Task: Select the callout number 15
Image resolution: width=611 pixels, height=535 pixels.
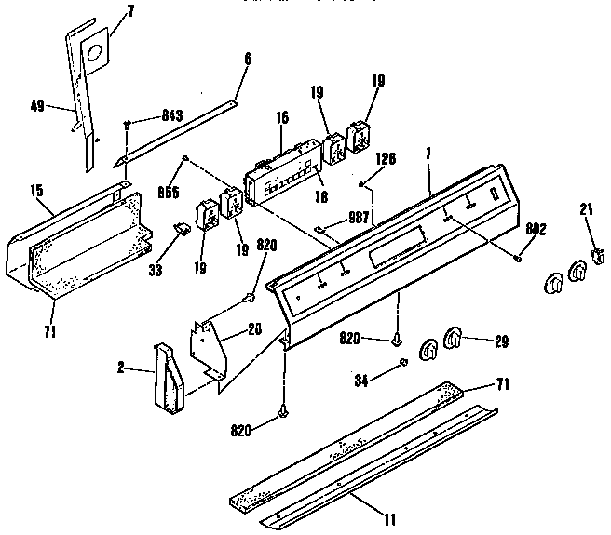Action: [x=36, y=190]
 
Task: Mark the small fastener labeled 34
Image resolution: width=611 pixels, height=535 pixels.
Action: [x=403, y=361]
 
